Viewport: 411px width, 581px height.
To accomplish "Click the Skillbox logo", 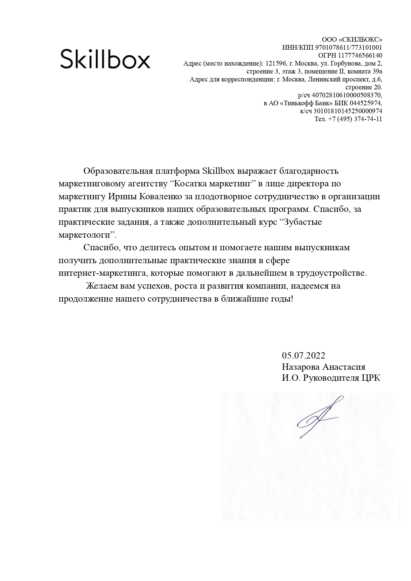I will click(105, 59).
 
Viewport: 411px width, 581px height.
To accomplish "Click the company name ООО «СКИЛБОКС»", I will click(352, 39).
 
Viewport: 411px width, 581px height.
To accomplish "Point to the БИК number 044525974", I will click(365, 103).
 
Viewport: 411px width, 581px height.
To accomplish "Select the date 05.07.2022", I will click(303, 356).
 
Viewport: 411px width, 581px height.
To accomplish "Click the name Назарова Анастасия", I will click(323, 367).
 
